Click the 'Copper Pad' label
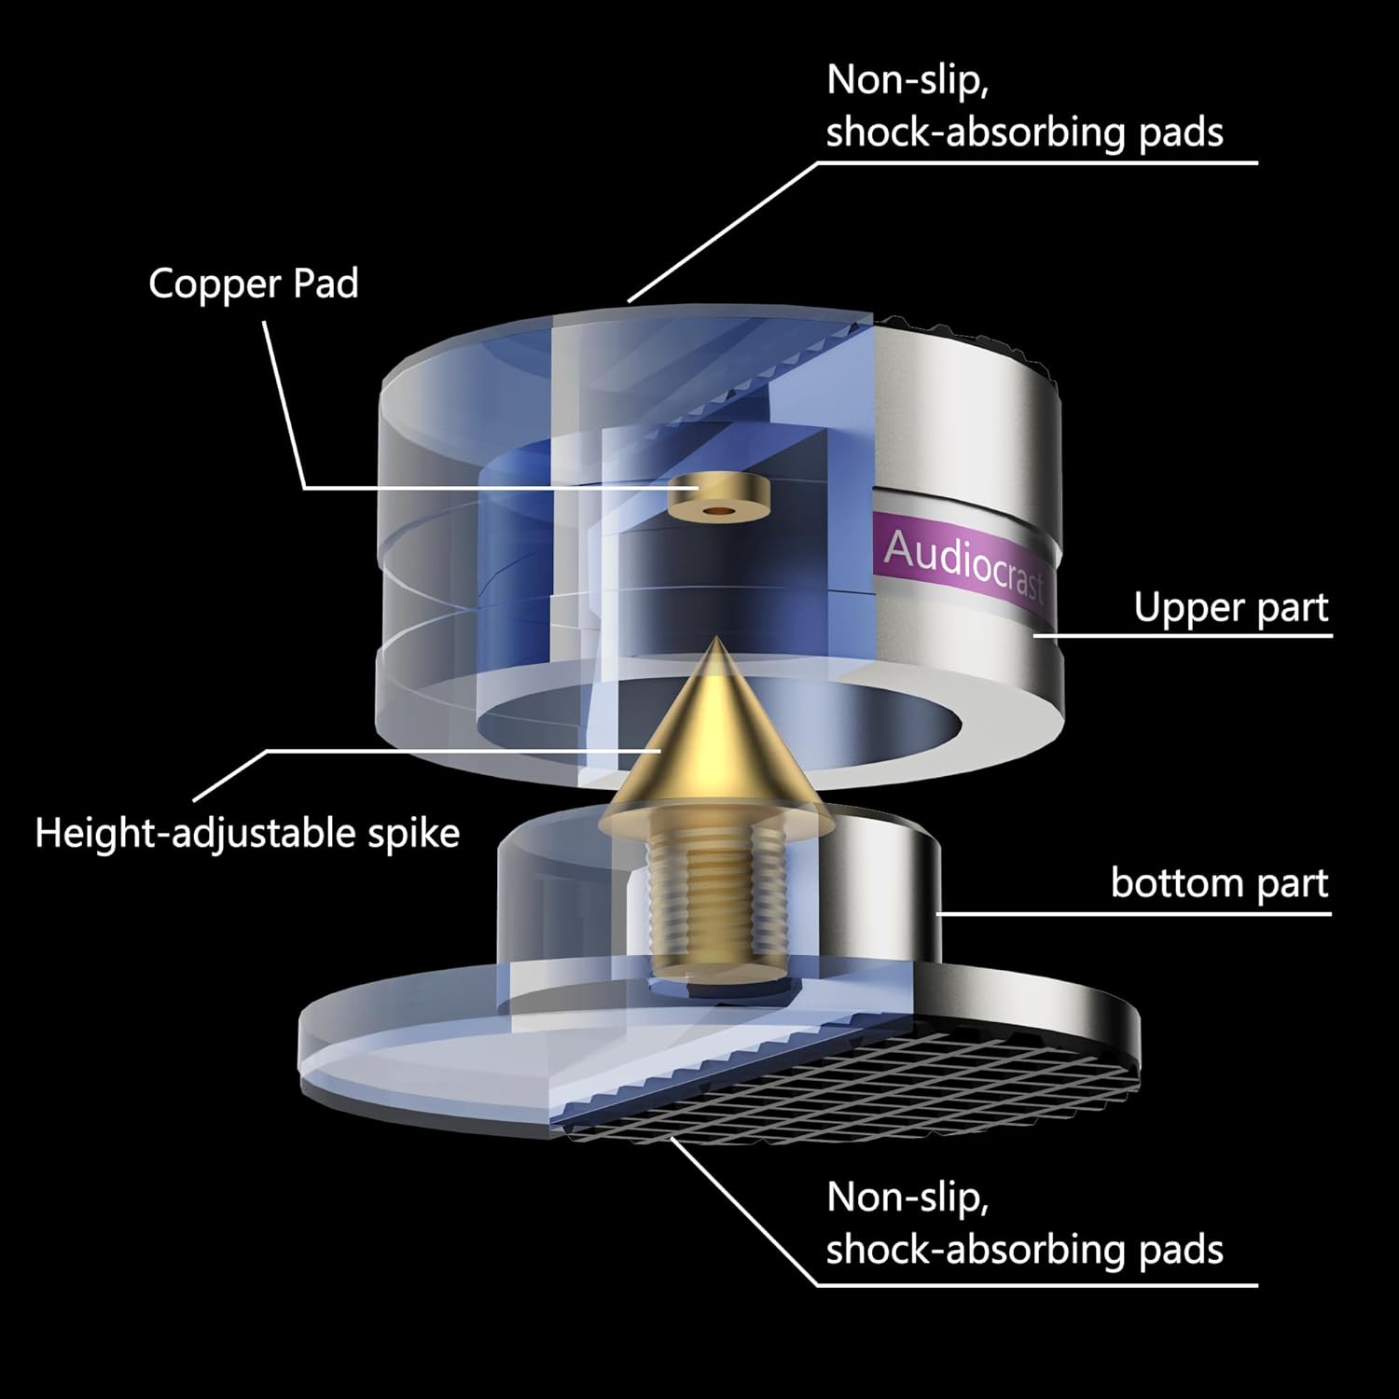(253, 284)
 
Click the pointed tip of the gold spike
(715, 642)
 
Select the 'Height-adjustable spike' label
(247, 833)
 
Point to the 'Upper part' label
(1230, 608)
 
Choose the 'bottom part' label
(1219, 882)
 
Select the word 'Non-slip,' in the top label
(907, 81)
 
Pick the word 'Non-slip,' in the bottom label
(907, 1198)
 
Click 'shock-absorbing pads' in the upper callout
(1024, 133)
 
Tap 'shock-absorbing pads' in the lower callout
(1024, 1250)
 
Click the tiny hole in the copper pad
(716, 512)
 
